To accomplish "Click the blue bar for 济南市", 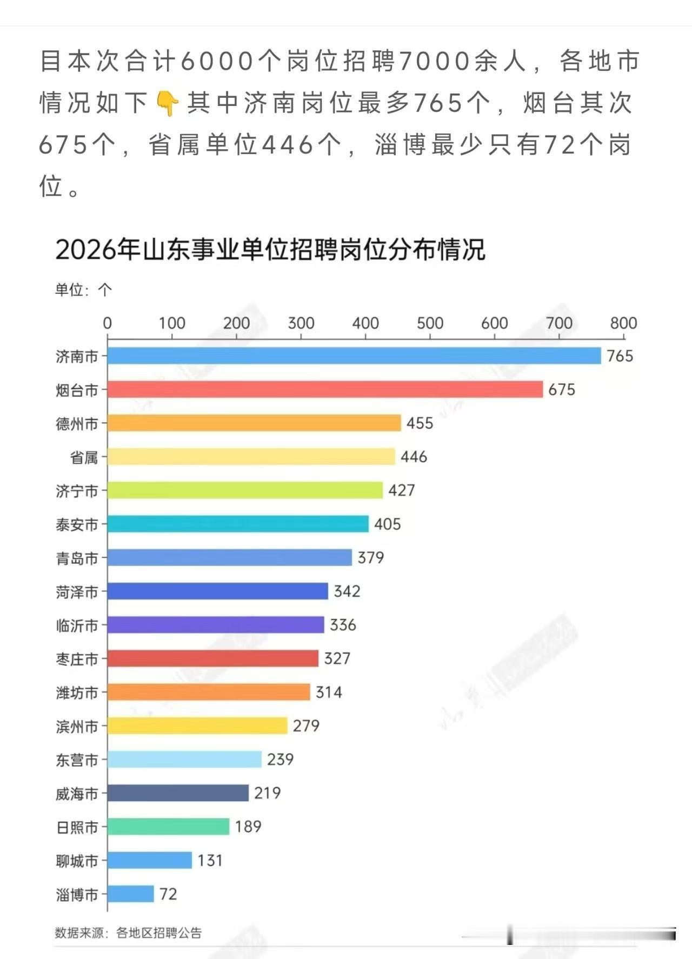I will [x=354, y=356].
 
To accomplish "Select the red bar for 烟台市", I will [x=325, y=389].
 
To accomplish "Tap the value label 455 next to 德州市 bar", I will [x=420, y=423].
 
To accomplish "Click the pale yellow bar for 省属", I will [x=251, y=457].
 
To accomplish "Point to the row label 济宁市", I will [x=77, y=491].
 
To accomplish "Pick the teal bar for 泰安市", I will [x=238, y=524].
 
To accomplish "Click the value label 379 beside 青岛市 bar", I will [x=370, y=557].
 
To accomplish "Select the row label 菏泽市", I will [x=77, y=592].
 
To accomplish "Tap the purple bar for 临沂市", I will [x=216, y=625].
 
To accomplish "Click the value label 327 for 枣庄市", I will [x=337, y=658].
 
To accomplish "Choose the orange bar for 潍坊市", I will [x=209, y=692].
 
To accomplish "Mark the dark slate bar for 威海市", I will [x=178, y=793].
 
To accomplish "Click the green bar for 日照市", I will [x=168, y=827].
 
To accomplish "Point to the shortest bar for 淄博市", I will [x=130, y=894].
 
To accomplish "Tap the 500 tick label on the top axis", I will [x=430, y=323].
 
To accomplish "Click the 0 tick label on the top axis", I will [x=107, y=323].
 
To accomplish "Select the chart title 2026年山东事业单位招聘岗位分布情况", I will [x=270, y=250].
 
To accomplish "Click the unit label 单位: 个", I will [x=83, y=290].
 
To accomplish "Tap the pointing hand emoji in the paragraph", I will [x=167, y=103].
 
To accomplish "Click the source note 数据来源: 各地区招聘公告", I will [x=128, y=933].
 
